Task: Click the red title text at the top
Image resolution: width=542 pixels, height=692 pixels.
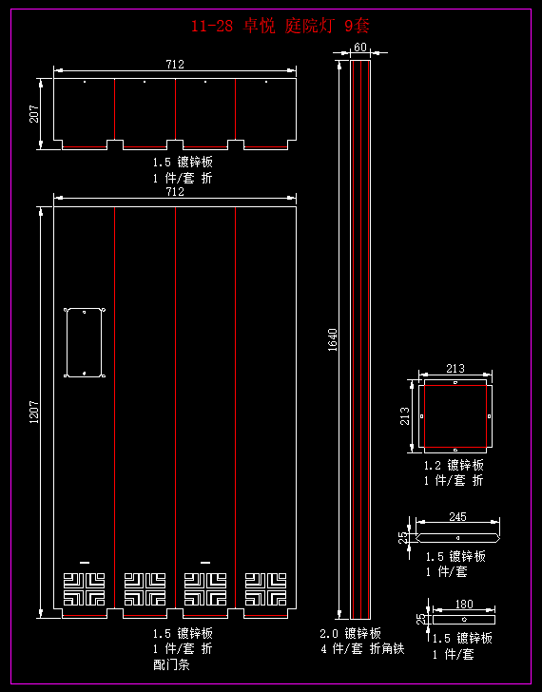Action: click(x=280, y=27)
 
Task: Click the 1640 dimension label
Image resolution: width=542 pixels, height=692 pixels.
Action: click(x=333, y=340)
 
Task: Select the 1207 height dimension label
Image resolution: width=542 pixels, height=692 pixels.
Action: click(x=34, y=412)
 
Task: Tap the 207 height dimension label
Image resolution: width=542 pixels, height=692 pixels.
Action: click(x=34, y=114)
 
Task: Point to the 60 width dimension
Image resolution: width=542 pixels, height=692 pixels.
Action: click(x=360, y=47)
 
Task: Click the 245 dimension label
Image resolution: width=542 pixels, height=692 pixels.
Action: click(x=457, y=516)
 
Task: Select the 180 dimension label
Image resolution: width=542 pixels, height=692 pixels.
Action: click(x=464, y=604)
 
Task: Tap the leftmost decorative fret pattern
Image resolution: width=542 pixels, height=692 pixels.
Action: click(x=85, y=589)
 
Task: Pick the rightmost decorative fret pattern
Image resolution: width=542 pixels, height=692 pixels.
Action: click(x=265, y=589)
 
